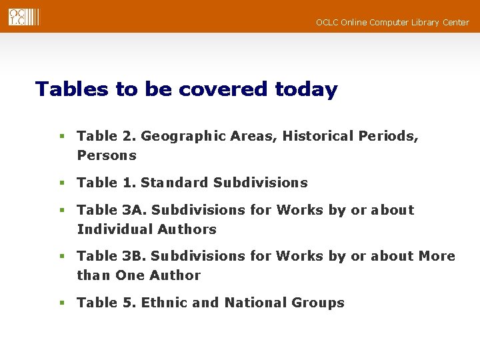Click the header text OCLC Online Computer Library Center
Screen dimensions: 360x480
(x=392, y=23)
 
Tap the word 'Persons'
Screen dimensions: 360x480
(x=107, y=156)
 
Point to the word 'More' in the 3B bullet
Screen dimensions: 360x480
(x=437, y=257)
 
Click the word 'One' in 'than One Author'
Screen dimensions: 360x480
(x=130, y=275)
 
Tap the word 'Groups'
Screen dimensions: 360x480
(x=318, y=303)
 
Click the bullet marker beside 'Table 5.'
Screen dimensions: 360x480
(x=61, y=303)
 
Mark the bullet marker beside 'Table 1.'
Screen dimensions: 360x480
(x=61, y=183)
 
